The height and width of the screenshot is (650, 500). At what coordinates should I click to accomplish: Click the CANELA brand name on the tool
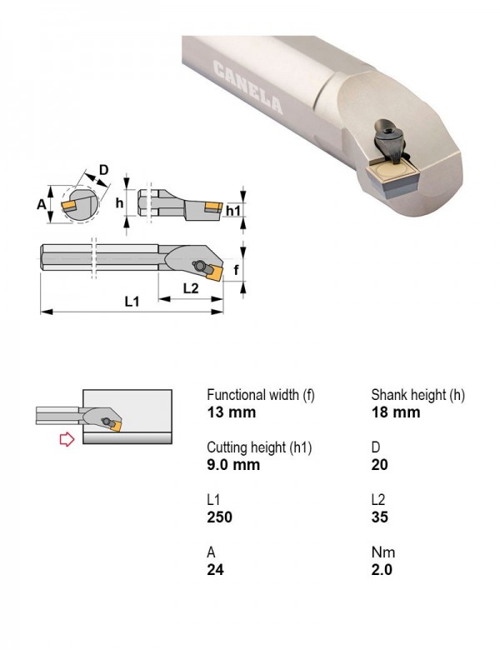(x=248, y=87)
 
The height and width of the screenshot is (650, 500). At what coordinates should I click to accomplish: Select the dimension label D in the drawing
(x=103, y=170)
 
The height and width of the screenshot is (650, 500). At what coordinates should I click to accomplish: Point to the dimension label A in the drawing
(x=42, y=204)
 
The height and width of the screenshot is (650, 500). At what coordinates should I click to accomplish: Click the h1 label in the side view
(x=233, y=211)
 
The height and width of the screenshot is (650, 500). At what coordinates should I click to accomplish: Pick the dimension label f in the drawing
(x=236, y=270)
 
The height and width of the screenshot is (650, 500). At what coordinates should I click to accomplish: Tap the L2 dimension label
(x=191, y=288)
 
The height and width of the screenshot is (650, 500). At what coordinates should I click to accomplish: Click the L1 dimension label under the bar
(x=132, y=302)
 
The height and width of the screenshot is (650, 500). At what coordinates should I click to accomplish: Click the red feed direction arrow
(x=67, y=439)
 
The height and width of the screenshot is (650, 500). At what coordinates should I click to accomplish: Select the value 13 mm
(x=232, y=412)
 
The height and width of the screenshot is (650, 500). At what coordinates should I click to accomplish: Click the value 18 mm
(x=396, y=412)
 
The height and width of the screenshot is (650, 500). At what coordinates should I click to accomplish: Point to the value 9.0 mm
(x=233, y=465)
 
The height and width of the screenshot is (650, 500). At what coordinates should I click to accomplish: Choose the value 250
(x=220, y=517)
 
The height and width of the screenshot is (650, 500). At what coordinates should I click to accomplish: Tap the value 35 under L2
(x=380, y=517)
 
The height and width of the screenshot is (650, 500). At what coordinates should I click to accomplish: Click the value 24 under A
(x=216, y=570)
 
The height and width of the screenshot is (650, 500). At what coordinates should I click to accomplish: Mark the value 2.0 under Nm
(x=382, y=570)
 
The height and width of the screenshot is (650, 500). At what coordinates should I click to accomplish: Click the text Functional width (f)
(x=261, y=395)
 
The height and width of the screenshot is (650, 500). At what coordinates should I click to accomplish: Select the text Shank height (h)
(x=417, y=395)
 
